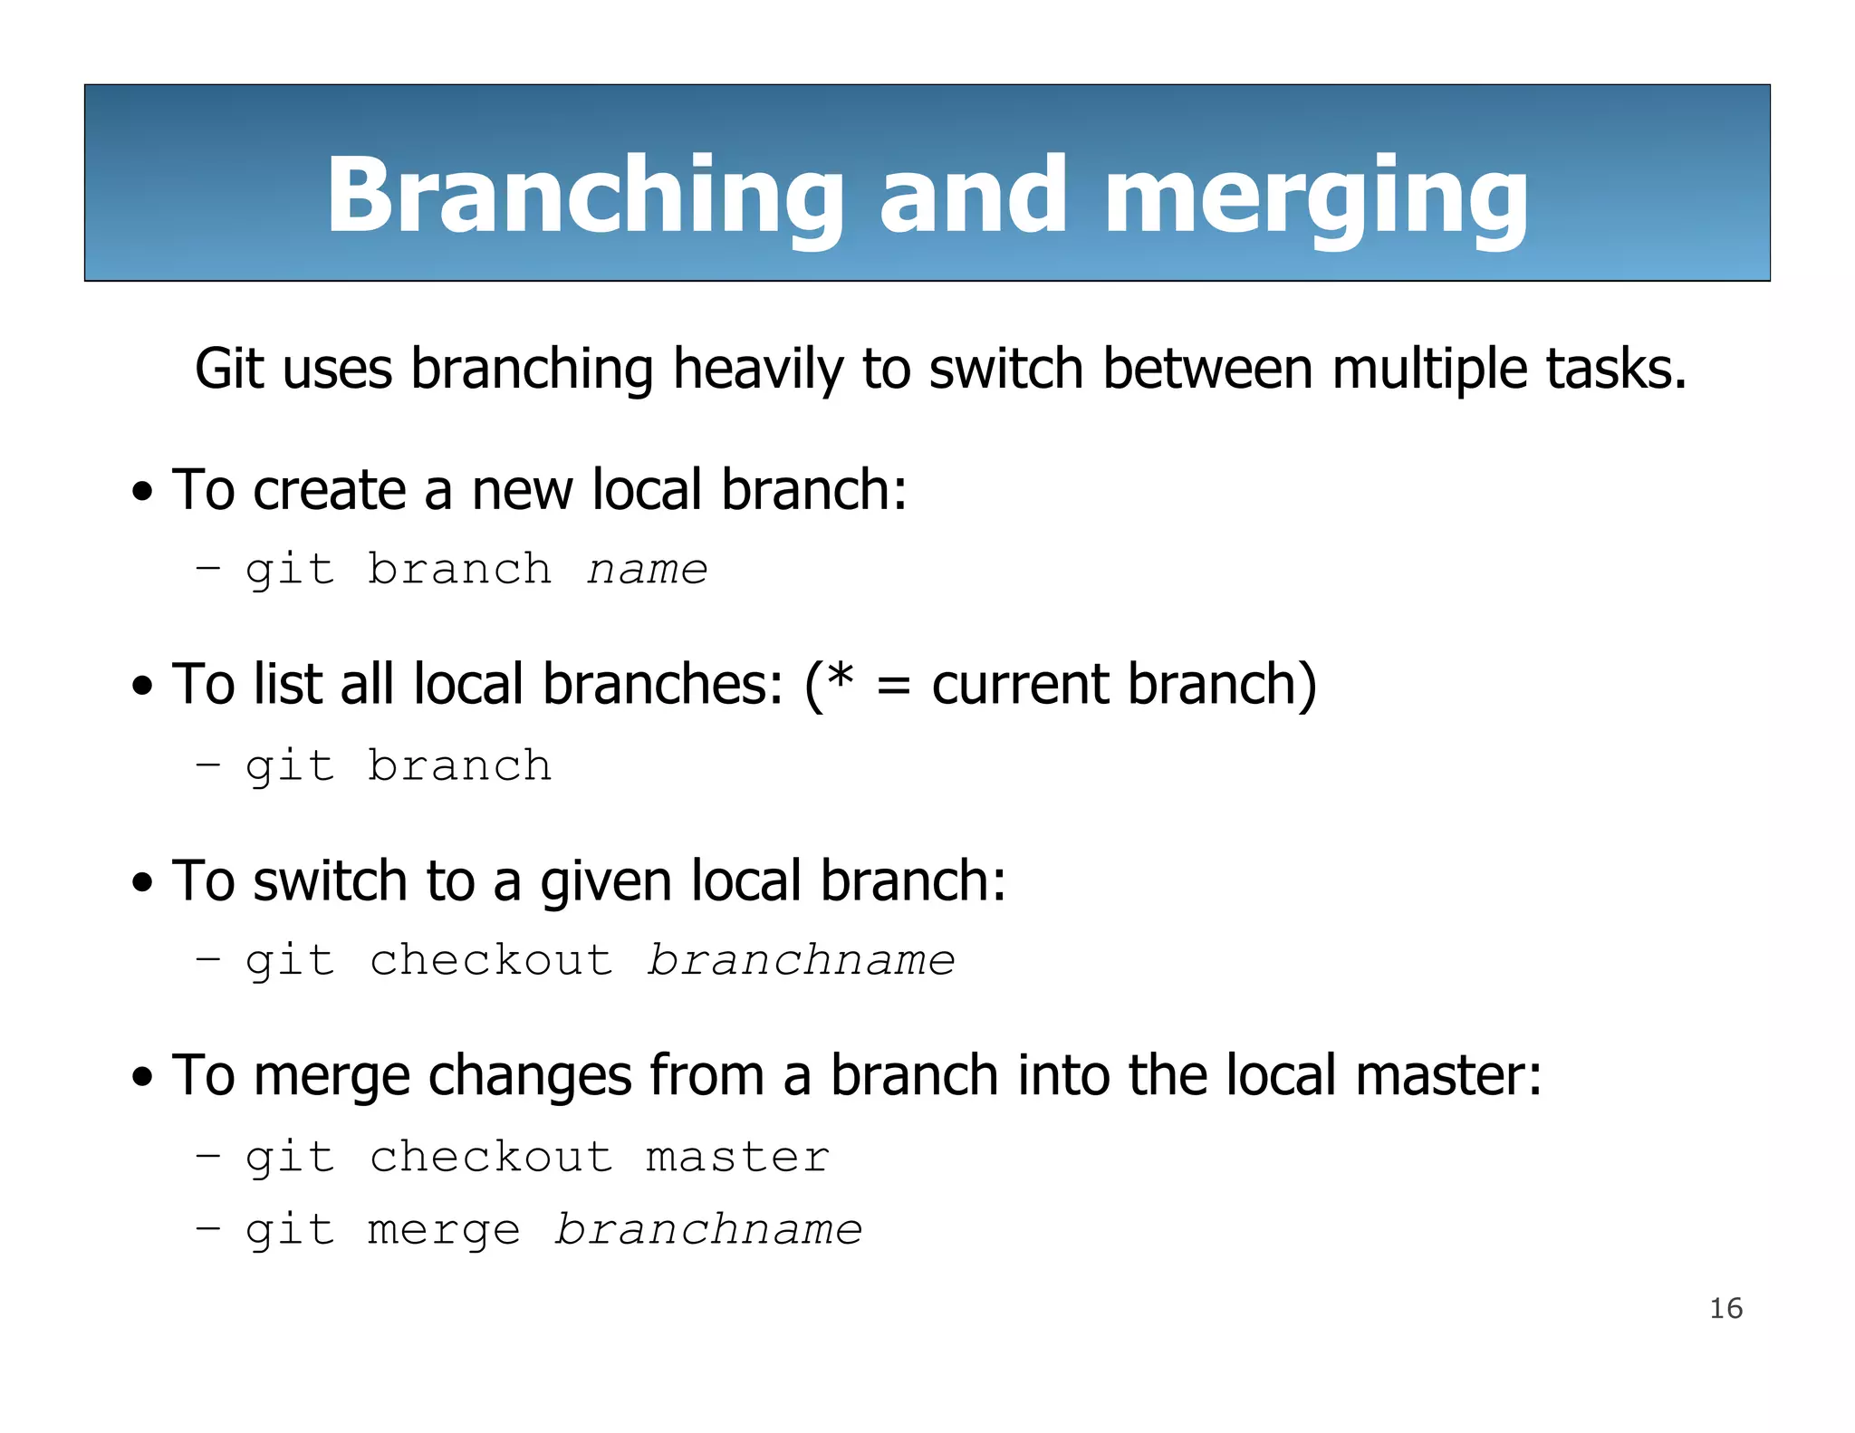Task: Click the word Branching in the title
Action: (x=584, y=195)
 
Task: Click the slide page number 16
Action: (x=1725, y=1309)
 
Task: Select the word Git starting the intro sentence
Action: (x=230, y=370)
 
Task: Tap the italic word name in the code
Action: (x=647, y=570)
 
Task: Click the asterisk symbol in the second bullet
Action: (x=841, y=678)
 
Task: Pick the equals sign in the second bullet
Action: (x=893, y=686)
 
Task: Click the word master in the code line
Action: (x=737, y=1158)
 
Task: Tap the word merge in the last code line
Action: (x=444, y=1231)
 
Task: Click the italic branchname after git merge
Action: (x=708, y=1230)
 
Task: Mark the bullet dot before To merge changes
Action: (x=142, y=1078)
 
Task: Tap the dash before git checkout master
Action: (x=207, y=1156)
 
